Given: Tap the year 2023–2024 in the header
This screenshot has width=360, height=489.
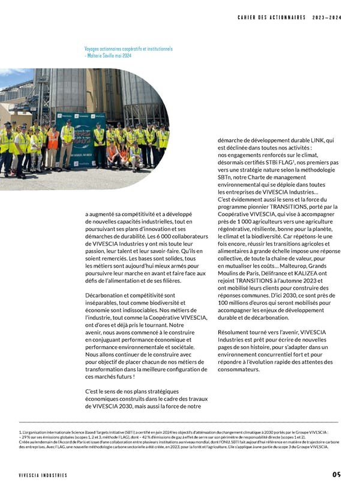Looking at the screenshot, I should coord(327,17).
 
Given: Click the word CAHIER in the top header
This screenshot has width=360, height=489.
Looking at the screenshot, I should coord(248,17).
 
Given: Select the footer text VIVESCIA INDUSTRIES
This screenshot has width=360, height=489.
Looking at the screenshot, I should coord(43,475).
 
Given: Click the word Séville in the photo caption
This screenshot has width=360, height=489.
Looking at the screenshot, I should coord(119,55).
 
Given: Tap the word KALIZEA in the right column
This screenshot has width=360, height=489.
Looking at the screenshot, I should coord(298,274).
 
